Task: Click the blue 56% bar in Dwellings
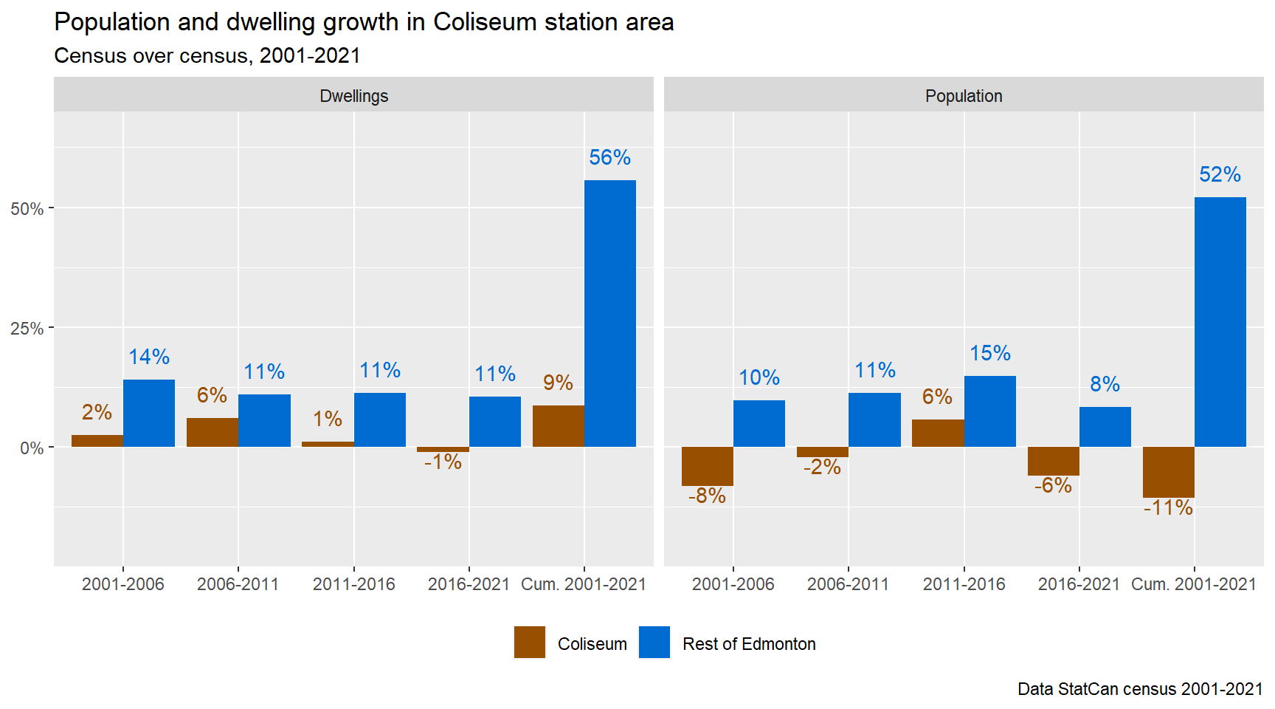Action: [609, 313]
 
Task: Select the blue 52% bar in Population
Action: [1220, 322]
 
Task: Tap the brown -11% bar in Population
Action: [1168, 472]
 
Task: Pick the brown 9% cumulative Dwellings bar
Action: [558, 426]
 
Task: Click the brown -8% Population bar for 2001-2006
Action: [707, 466]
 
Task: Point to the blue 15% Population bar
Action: [989, 411]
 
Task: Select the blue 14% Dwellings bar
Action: [149, 413]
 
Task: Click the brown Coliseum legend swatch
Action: [529, 642]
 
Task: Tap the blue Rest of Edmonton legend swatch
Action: [654, 642]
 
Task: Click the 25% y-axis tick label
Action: [27, 329]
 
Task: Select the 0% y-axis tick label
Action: [31, 448]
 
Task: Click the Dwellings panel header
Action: [353, 96]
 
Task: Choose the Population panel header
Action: [963, 96]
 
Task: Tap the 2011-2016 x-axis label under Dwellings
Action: [353, 584]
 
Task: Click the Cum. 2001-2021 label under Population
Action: [1193, 584]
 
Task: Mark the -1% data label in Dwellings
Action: [443, 462]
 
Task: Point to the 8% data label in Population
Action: [1105, 384]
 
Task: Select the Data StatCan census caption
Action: [1139, 689]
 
